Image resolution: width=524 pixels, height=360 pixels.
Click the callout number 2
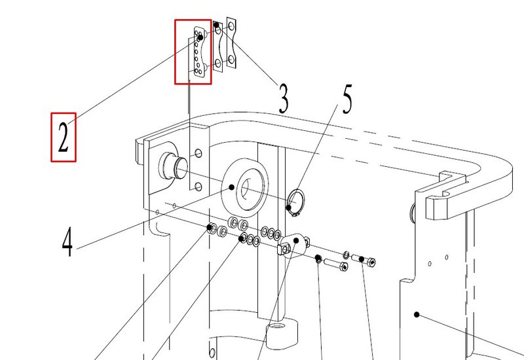(63, 137)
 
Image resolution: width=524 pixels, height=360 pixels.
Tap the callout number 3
(283, 99)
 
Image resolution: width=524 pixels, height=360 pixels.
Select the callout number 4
(67, 242)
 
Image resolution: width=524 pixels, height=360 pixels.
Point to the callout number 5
(347, 99)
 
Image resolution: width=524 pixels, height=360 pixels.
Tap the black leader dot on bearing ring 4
(231, 187)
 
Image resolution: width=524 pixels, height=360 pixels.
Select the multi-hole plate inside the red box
(199, 52)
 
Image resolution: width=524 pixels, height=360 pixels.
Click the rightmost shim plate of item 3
(231, 43)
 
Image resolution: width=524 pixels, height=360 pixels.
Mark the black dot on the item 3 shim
(216, 25)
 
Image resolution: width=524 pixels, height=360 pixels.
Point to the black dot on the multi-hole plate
(200, 38)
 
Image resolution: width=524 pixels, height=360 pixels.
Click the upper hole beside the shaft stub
(198, 153)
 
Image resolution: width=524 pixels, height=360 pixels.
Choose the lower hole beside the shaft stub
(198, 187)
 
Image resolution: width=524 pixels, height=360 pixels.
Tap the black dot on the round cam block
(296, 240)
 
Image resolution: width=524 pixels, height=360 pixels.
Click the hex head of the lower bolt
(343, 266)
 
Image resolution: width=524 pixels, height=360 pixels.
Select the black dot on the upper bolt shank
(362, 259)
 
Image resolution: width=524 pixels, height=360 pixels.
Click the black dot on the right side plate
(417, 314)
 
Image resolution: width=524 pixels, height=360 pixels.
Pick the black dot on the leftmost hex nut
(210, 228)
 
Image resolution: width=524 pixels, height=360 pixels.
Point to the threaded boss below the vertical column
(282, 333)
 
